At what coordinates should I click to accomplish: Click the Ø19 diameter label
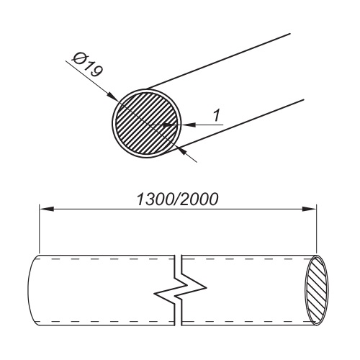click(x=88, y=66)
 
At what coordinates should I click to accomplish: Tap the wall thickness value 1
click(x=217, y=115)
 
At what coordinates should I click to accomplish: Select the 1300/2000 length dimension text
click(x=178, y=199)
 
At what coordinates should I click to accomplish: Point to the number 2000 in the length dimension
click(x=199, y=199)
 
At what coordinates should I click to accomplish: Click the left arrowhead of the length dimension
click(x=46, y=209)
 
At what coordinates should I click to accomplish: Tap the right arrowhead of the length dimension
click(x=309, y=209)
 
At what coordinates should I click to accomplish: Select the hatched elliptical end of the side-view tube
click(x=316, y=290)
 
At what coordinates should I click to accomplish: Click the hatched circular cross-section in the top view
click(x=147, y=123)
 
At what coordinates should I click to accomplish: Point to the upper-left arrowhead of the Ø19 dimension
click(x=112, y=96)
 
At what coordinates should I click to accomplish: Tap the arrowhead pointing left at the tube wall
click(x=189, y=125)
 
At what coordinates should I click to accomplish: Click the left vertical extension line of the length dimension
click(x=39, y=229)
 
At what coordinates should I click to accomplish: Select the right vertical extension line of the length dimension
click(x=317, y=230)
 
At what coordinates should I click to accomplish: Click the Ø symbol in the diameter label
click(x=78, y=58)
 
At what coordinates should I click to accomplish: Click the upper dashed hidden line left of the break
click(x=107, y=259)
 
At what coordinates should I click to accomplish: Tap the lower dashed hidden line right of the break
click(x=247, y=321)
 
